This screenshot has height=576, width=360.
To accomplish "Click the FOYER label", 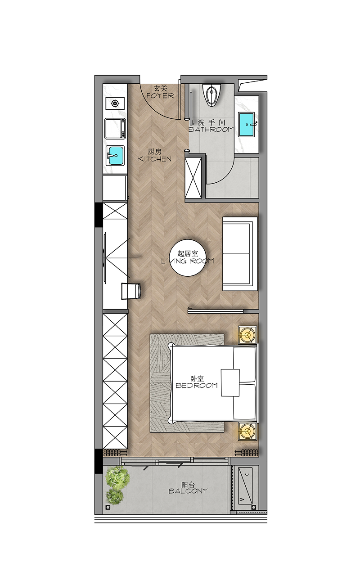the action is (x=160, y=96).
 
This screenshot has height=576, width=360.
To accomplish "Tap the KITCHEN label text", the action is (x=155, y=159).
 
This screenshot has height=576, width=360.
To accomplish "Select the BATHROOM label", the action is (x=211, y=129).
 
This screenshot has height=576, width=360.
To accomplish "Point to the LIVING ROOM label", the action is (x=188, y=261).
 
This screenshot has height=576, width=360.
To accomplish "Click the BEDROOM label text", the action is (x=197, y=386).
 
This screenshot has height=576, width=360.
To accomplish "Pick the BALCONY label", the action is (x=188, y=491).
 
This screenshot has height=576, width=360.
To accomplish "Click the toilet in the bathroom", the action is (x=211, y=94).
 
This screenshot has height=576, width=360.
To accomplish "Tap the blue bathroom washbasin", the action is (x=247, y=125).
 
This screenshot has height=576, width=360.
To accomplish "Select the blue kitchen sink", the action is (x=115, y=156).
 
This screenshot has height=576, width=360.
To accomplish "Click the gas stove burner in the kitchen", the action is (x=115, y=103).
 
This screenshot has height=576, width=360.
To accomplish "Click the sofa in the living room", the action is (x=240, y=254).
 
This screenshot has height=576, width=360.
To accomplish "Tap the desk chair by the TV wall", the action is (x=131, y=291).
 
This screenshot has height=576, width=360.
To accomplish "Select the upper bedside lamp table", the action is (x=247, y=335).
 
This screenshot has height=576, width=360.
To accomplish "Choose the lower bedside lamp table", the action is (x=247, y=431).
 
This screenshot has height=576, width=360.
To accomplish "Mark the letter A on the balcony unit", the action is (x=242, y=499).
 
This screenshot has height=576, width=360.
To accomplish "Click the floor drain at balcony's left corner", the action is (x=108, y=507).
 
